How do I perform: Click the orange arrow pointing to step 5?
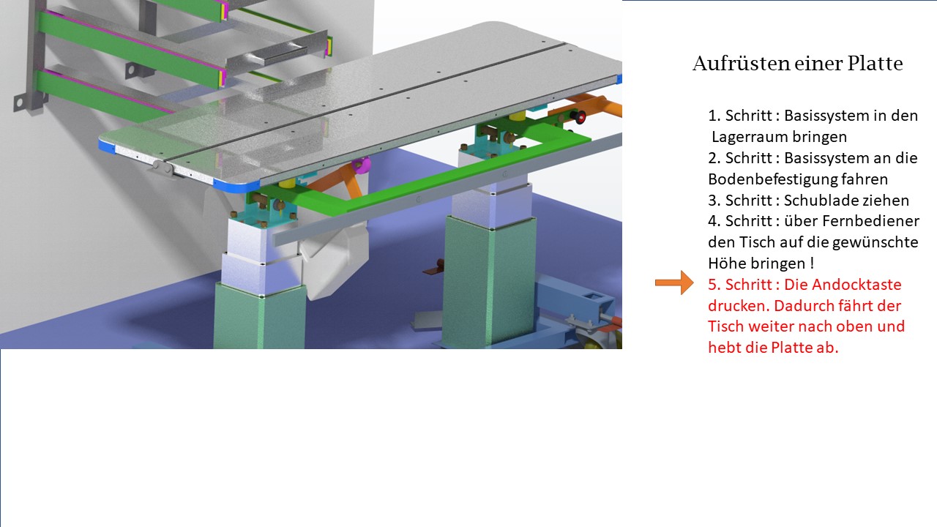pyautogui.click(x=674, y=283)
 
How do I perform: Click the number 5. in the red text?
pyautogui.click(x=714, y=285)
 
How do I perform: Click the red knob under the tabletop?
pyautogui.click(x=579, y=118)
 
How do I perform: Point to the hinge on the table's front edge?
pyautogui.click(x=163, y=167)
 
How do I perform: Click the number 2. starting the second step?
pyautogui.click(x=714, y=158)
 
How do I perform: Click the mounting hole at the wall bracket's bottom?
pyautogui.click(x=19, y=101)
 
